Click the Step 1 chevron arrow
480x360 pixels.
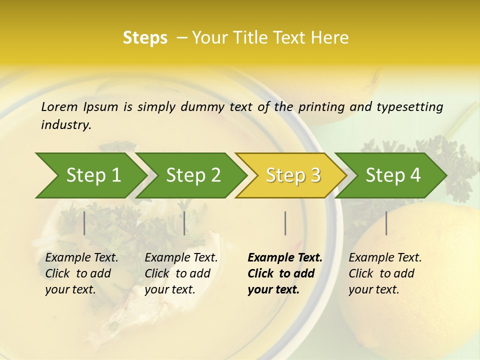click(x=90, y=175)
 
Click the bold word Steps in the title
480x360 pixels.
click(x=145, y=38)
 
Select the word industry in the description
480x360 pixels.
click(x=66, y=125)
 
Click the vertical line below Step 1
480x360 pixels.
click(x=84, y=223)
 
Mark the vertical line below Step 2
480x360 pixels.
click(x=184, y=223)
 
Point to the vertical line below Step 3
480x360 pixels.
click(x=285, y=223)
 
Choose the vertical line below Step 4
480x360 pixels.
click(x=386, y=223)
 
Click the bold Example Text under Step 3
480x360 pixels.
click(x=285, y=257)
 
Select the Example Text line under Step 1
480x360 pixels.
click(x=81, y=257)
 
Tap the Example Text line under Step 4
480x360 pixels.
click(x=385, y=257)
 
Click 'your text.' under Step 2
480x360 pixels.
click(x=169, y=289)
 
